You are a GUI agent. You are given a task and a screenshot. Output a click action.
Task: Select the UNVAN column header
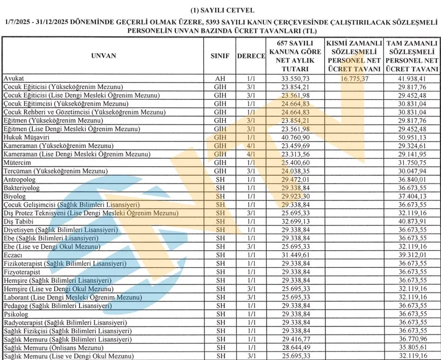click(x=104, y=56)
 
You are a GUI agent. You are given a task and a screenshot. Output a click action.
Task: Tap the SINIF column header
click(x=220, y=56)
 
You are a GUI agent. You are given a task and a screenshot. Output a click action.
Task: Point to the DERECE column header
click(x=251, y=56)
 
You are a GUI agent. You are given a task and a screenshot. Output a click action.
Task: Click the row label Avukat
click(x=14, y=79)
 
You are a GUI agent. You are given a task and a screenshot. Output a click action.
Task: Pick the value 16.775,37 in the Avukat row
click(x=353, y=79)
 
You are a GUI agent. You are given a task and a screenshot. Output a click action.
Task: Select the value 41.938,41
click(x=412, y=79)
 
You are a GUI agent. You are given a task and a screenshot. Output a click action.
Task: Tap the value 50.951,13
click(x=412, y=137)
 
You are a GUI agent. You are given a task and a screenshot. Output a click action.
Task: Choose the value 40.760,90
click(x=295, y=137)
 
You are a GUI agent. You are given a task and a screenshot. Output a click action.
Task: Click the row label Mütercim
click(x=18, y=163)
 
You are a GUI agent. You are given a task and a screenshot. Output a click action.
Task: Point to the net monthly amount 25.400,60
click(x=295, y=163)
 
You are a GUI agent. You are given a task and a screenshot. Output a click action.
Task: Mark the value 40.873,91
click(x=412, y=221)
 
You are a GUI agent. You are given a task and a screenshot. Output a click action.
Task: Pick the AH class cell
click(x=220, y=79)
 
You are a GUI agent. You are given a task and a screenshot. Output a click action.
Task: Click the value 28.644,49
click(x=295, y=347)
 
